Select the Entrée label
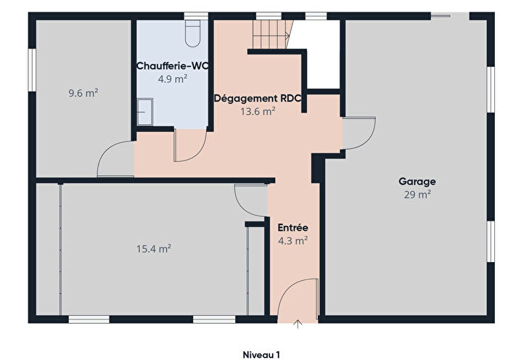point(292,227)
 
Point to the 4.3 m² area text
point(292,240)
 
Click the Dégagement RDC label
point(257,99)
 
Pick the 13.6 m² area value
point(257,111)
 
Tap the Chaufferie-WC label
point(173,66)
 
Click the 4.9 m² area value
point(173,78)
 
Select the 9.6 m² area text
point(83,93)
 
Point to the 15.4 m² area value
point(153,248)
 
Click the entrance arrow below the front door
point(298,324)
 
